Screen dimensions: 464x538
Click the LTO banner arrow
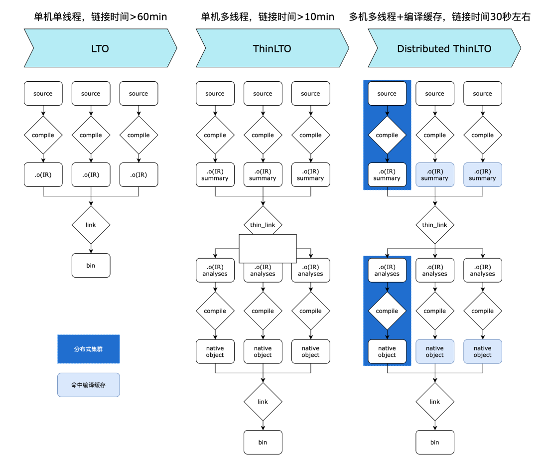(x=100, y=48)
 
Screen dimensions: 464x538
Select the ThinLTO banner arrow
(x=272, y=48)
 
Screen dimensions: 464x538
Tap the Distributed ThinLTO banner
(x=444, y=48)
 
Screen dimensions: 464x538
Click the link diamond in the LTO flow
(x=91, y=225)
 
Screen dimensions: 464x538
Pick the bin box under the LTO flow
(x=91, y=266)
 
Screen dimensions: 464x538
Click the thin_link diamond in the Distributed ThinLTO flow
(x=435, y=225)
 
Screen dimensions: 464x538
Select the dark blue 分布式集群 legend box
(x=89, y=349)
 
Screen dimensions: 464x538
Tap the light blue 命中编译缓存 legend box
(x=89, y=385)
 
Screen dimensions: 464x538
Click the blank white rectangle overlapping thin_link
(x=268, y=248)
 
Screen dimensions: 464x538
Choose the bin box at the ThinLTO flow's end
(x=263, y=442)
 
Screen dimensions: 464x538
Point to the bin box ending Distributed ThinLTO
(x=435, y=442)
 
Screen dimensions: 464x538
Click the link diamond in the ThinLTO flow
(x=263, y=402)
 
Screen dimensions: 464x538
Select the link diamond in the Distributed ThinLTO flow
(x=435, y=402)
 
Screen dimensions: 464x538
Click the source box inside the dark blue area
(x=387, y=94)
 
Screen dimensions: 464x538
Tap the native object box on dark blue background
(x=387, y=351)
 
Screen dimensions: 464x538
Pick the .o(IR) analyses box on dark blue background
(x=387, y=270)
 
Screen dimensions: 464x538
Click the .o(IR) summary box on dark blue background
(x=387, y=174)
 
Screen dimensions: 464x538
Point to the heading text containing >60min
(x=100, y=17)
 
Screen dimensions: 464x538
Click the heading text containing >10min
(x=268, y=17)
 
